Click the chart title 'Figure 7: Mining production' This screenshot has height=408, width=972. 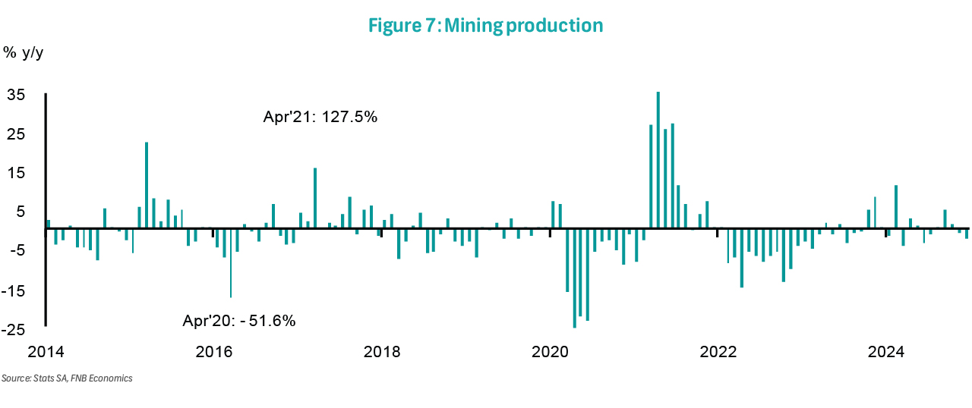485,25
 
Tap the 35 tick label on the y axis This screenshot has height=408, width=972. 17,95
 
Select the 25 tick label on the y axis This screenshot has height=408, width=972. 17,134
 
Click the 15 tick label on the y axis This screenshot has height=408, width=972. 17,173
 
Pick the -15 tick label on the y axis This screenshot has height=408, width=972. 14,290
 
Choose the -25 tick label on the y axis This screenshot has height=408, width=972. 14,330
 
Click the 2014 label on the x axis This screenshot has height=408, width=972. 46,352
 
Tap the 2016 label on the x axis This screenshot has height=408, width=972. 213,352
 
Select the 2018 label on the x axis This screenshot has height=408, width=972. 382,352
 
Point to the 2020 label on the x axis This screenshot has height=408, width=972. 550,352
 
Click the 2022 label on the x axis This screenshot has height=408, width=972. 718,352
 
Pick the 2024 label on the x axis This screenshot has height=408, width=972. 886,352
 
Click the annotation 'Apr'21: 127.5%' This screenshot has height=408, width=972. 320,118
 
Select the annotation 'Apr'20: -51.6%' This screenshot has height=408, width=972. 239,320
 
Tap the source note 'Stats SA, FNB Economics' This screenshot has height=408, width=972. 67,378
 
